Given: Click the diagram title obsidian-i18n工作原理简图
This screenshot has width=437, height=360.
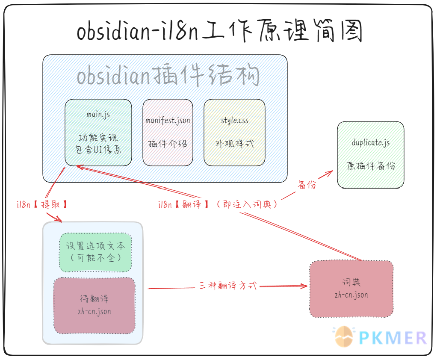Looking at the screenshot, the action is pos(220,31).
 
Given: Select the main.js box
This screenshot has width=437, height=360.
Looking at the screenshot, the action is pos(98,133).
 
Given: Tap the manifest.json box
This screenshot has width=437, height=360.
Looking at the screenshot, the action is pos(168,133).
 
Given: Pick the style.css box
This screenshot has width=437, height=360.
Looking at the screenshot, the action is pos(234,133).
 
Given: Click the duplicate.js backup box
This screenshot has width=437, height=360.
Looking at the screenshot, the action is pos(370,155).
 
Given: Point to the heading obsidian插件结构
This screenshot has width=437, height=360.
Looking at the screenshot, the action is pos(168,75).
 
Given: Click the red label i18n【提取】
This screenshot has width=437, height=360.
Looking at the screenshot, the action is pos(42,204).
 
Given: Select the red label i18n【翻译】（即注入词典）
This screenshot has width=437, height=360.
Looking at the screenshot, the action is pos(218,204).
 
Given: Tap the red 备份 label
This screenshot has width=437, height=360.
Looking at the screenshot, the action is pos(307,184).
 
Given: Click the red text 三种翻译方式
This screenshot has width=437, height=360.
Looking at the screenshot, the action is pos(228,286).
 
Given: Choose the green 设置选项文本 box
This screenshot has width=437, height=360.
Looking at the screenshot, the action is pos(95,252).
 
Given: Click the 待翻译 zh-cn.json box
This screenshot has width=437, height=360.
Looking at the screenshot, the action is pos(94,305).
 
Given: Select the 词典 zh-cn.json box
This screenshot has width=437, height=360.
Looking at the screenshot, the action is pos(351,289).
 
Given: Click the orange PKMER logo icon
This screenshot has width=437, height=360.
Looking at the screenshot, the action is pos(344,336).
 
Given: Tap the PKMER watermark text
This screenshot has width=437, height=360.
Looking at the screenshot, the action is pos(393,338).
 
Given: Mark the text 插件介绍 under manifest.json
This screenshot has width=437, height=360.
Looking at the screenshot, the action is pos(168,144).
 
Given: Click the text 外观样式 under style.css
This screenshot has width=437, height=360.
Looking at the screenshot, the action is pos(234,144).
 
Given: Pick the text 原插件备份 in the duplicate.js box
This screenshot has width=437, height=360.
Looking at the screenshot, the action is pos(371,166).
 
